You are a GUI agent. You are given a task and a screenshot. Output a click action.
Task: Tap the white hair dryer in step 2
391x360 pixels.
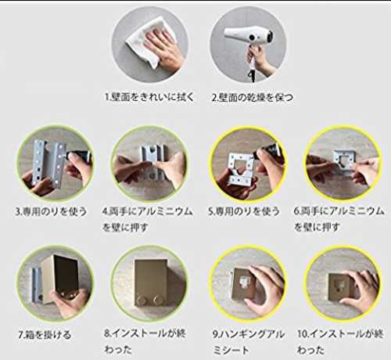tap(250, 39)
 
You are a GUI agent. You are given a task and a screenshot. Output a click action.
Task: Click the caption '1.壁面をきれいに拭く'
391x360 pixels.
tap(149, 97)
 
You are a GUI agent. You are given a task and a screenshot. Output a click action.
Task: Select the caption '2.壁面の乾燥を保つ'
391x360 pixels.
tap(252, 97)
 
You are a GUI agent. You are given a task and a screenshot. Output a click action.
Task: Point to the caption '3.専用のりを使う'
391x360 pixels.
tap(51, 211)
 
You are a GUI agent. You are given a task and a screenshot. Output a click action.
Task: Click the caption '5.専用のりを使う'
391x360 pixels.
tap(244, 211)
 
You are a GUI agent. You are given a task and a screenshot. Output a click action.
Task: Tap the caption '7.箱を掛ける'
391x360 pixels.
tap(45, 335)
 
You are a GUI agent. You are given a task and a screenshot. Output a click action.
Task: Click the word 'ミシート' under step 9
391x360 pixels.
tap(231, 350)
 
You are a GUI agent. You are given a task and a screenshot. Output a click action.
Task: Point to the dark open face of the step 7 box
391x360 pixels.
tap(66, 274)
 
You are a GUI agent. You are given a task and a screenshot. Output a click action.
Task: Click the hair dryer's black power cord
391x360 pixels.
tap(251, 72)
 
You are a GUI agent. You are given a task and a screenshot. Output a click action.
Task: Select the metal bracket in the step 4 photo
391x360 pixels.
tap(151, 163)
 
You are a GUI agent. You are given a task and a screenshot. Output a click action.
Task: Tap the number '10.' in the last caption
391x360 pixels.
tap(303, 333)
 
